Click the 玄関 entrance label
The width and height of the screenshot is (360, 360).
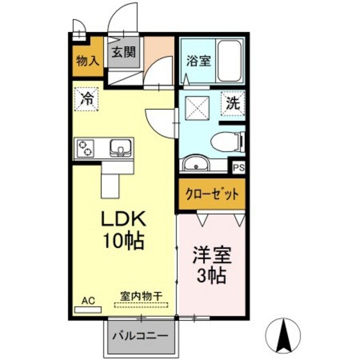[x=125, y=53]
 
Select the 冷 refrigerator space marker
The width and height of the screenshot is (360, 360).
[x=86, y=99]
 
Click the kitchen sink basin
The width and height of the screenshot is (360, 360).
[x=120, y=149]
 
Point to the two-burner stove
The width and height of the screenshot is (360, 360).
[x=85, y=149]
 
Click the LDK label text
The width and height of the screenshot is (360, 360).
[x=123, y=219]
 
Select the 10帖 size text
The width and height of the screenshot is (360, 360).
[x=123, y=242]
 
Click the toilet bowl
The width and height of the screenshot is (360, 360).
[x=226, y=141]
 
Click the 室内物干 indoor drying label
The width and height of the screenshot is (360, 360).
[x=141, y=297]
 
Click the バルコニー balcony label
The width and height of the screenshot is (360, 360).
[x=140, y=336]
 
